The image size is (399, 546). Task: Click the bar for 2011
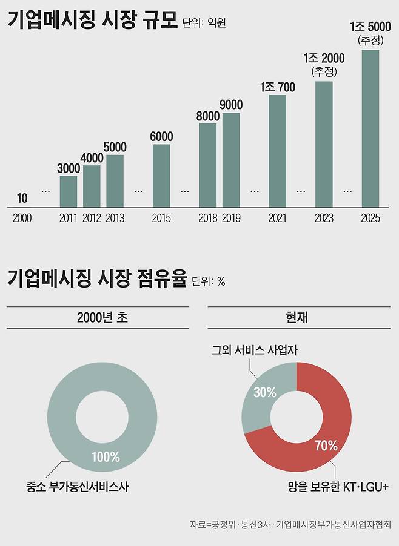[69, 191]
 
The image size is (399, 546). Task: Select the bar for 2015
[161, 176]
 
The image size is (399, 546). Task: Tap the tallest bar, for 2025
[370, 128]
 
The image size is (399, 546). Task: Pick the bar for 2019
[231, 160]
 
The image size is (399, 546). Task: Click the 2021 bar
[277, 151]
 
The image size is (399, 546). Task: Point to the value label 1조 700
[277, 88]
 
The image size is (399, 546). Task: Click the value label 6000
[161, 137]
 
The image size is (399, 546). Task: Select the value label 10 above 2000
[22, 198]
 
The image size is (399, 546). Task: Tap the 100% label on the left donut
[106, 457]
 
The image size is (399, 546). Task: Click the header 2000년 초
[98, 318]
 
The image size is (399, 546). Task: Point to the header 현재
[296, 318]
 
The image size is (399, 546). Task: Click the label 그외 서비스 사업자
[255, 350]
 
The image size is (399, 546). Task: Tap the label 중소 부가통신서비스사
[78, 486]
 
